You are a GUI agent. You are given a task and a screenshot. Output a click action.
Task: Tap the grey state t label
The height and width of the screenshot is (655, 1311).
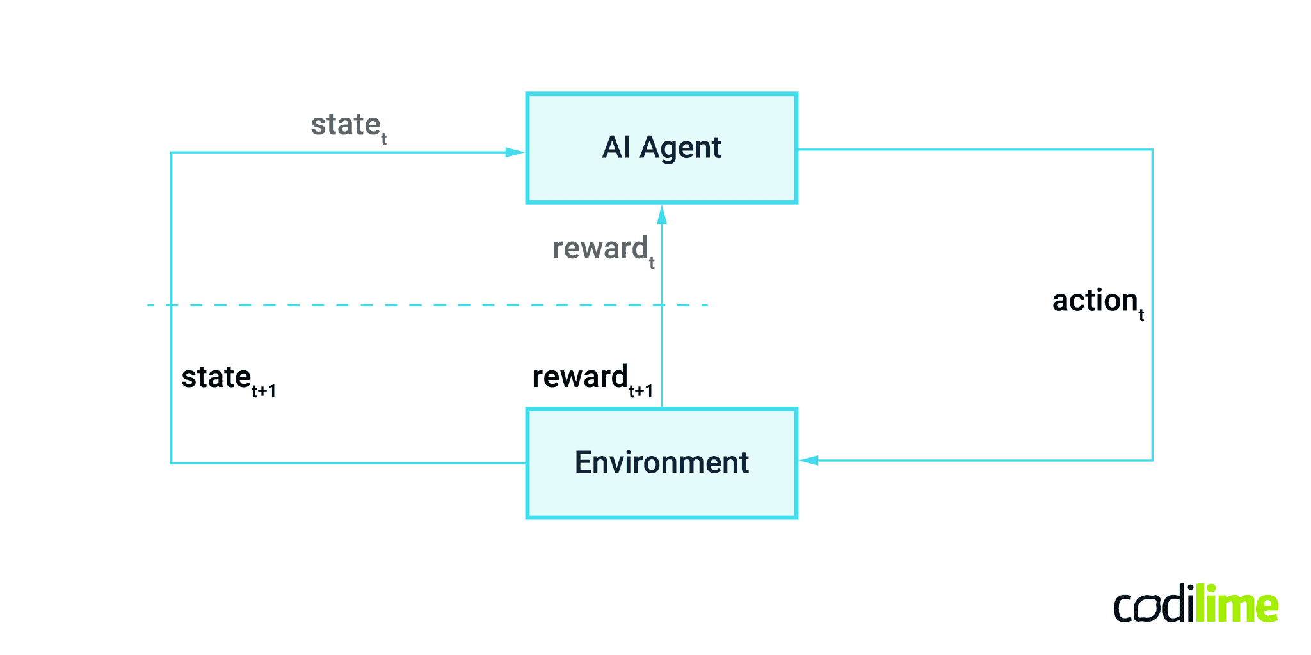coord(348,126)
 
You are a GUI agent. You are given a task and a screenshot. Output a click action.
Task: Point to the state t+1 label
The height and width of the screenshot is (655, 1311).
coord(228,379)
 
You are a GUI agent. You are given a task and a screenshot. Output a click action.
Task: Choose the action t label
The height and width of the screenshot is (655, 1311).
coord(1097,302)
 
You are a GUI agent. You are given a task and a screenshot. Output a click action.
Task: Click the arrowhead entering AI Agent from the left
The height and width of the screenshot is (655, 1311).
coord(515,152)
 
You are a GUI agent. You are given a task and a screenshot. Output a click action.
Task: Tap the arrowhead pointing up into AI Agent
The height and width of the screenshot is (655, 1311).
coord(662,214)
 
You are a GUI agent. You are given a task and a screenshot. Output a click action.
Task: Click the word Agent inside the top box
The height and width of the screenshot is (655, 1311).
coord(680,148)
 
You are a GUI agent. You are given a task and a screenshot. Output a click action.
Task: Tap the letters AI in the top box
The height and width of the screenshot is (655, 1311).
coord(616,147)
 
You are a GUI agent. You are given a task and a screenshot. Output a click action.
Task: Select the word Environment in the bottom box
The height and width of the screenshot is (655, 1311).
coord(661,462)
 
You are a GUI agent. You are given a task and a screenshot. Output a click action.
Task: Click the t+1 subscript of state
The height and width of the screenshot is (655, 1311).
coord(263,391)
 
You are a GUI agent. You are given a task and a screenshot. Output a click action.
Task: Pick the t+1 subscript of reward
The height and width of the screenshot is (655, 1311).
coord(640,391)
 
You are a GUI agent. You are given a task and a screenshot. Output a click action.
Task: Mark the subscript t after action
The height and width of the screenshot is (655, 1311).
coord(1141,315)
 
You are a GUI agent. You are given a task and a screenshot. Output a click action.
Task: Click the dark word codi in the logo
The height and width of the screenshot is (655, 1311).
coord(1153,606)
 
